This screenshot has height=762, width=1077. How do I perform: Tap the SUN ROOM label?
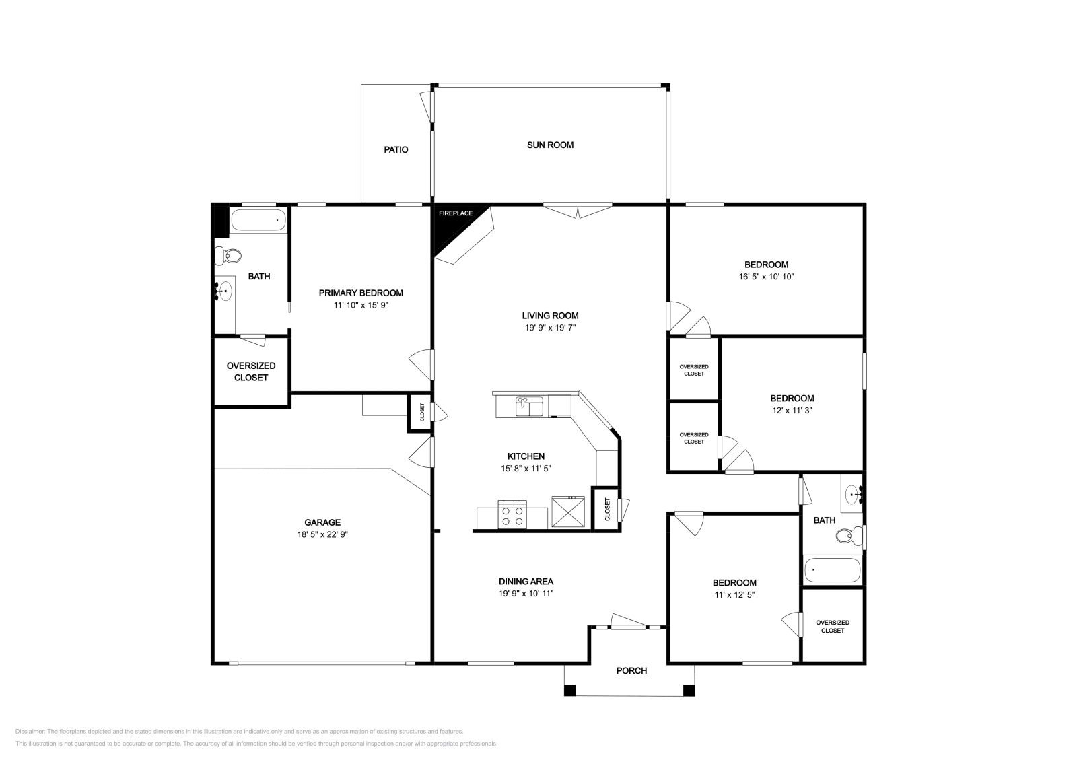pos(550,145)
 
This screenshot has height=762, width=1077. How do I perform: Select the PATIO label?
pos(396,150)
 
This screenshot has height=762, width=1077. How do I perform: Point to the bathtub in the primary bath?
pos(258,220)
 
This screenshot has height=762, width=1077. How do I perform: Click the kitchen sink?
pos(530,407)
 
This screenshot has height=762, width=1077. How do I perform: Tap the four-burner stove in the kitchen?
pos(512,516)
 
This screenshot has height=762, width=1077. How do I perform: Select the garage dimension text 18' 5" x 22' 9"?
pos(322,534)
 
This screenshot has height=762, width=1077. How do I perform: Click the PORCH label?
pos(631,670)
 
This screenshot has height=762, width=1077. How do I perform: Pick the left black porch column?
pos(570,690)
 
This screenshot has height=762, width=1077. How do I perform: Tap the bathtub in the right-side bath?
pos(832,570)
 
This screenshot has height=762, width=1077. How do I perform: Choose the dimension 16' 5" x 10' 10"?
pos(766,277)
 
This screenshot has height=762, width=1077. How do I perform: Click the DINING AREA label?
pos(526,582)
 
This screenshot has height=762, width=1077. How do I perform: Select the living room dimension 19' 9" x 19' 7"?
pos(550,328)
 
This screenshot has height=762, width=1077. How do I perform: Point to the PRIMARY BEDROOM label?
pos(361,293)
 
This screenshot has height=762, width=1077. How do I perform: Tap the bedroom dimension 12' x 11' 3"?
pos(792,410)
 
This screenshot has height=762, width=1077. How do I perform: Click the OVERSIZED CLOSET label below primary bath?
pos(251,372)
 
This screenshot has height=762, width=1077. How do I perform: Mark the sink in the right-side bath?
pos(854,495)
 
